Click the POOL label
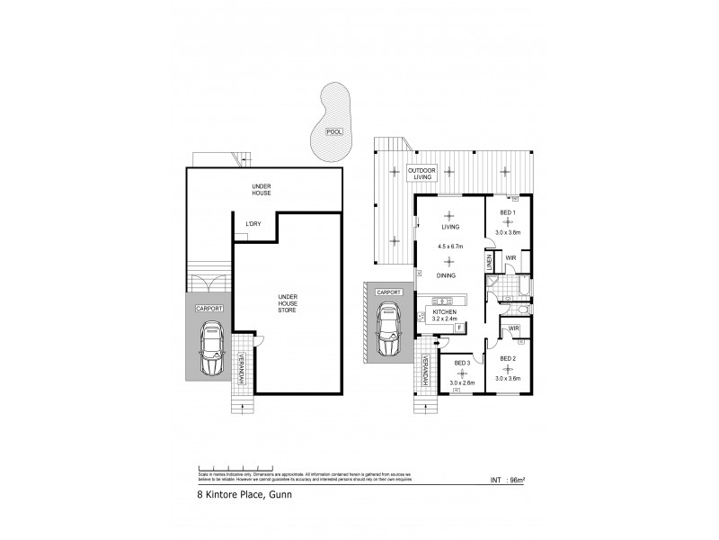pos(333,131)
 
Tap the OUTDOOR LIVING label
pos(422,174)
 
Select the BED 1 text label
pos(507,213)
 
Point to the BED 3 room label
pos(462,363)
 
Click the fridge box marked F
pos(459,328)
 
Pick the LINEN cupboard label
pos(489,261)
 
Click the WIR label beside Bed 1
pos(510,258)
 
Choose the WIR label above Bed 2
pos(514,328)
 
